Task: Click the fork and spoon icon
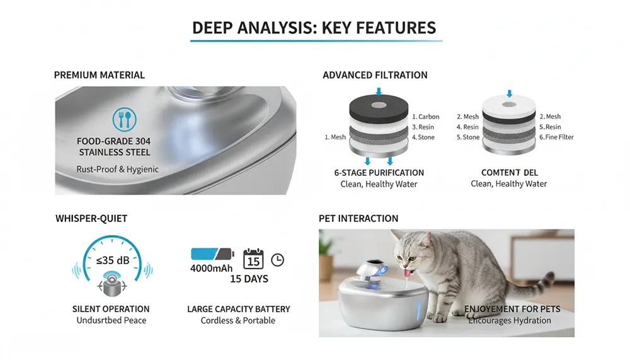[125, 119]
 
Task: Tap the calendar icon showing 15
[253, 258]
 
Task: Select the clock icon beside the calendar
[278, 260]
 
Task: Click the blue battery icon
[212, 254]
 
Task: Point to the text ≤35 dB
[113, 260]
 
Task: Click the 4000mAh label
[211, 269]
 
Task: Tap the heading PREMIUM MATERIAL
[100, 75]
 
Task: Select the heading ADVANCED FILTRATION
[375, 75]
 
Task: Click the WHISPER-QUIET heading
[91, 218]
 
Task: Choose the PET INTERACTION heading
[358, 218]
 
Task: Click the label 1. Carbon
[425, 117]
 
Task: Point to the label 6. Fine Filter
[556, 137]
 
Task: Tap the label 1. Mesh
[335, 137]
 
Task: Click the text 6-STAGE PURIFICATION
[379, 173]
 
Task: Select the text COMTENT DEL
[510, 173]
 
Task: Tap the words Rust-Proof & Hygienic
[117, 170]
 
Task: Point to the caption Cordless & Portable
[238, 320]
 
